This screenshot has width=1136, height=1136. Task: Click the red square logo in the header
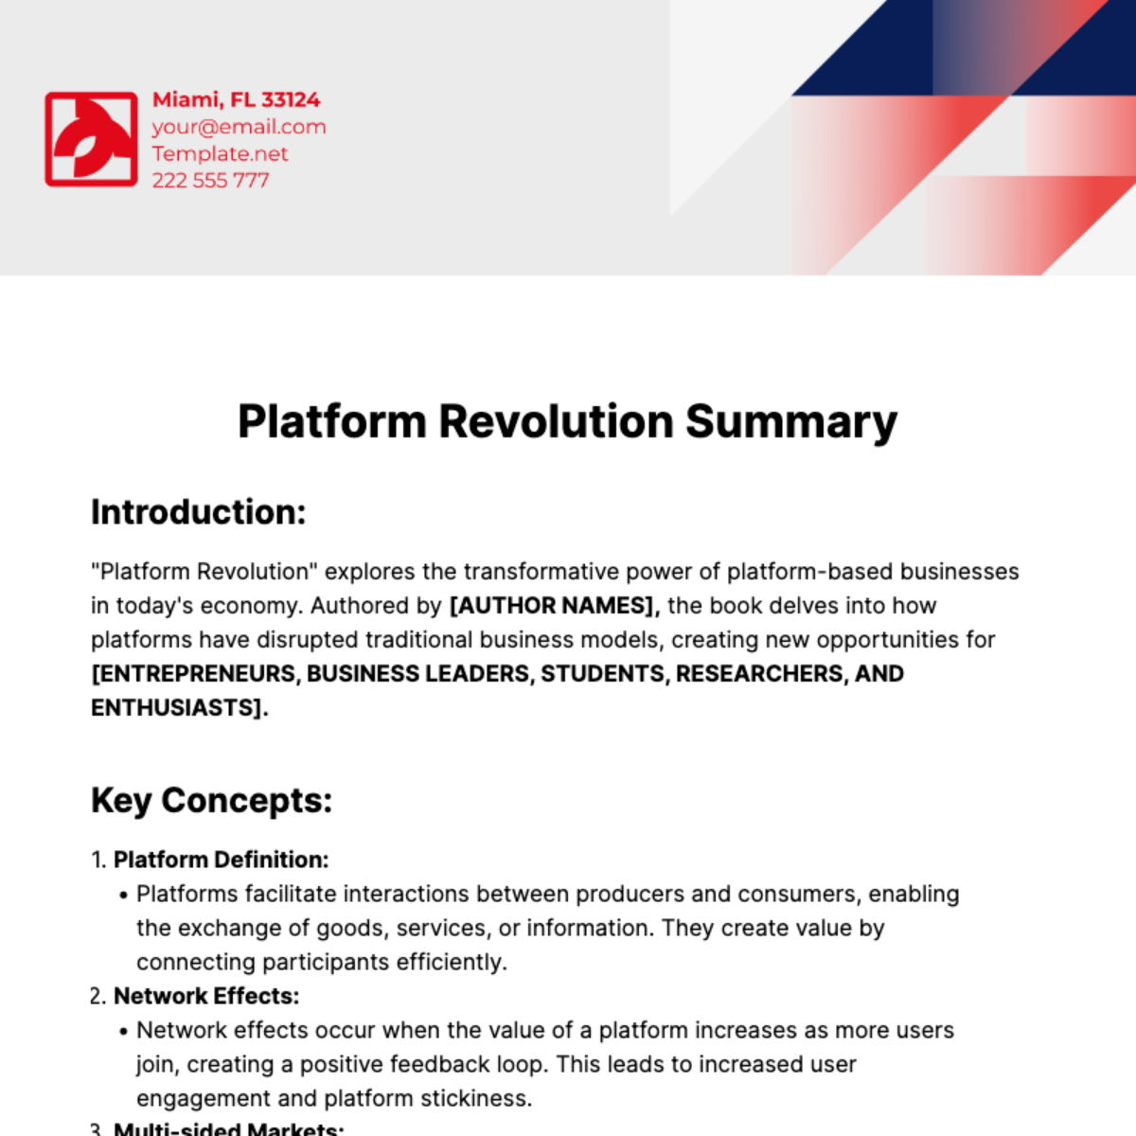[x=92, y=139]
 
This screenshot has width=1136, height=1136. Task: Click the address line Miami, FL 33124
[x=236, y=99]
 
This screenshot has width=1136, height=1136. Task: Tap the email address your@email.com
[x=239, y=127]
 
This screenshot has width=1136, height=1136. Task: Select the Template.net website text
[x=220, y=153]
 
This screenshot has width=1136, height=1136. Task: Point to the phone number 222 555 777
[x=210, y=180]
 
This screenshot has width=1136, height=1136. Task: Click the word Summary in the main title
[x=790, y=421]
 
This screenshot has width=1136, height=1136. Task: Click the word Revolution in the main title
[x=556, y=421]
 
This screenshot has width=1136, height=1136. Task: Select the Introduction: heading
[x=199, y=512]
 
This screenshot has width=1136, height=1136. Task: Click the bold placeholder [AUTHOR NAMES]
[x=554, y=606]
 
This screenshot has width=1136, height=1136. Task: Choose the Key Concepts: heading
[x=212, y=801]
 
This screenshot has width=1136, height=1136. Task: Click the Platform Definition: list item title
[x=221, y=860]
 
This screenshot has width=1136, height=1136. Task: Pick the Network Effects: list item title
[x=206, y=996]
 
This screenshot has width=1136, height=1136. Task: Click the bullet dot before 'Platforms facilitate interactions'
[x=123, y=896]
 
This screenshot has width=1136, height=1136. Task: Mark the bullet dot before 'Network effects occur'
[x=123, y=1032]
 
